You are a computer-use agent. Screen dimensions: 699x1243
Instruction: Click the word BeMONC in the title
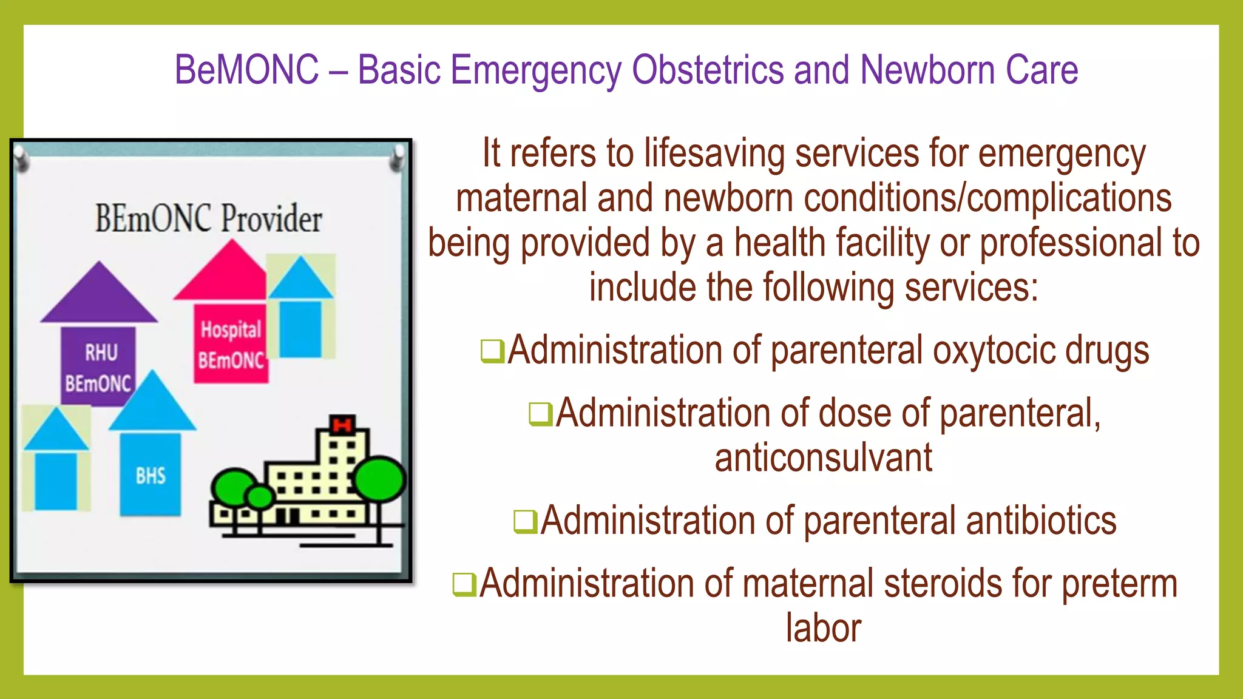point(246,70)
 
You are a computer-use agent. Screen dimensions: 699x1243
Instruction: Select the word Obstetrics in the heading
point(708,70)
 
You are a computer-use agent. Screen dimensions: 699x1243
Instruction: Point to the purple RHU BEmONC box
point(98,366)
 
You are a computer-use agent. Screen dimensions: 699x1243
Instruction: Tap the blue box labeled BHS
point(151,475)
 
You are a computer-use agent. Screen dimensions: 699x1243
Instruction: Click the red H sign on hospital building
point(342,425)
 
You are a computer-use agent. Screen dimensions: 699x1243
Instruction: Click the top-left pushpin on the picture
point(22,159)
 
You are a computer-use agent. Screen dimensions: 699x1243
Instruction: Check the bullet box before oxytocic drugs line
point(492,351)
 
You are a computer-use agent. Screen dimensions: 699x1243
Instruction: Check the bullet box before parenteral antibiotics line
point(525,522)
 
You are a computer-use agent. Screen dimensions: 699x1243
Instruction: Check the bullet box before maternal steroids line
point(464,584)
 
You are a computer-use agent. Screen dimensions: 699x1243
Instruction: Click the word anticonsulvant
point(823,458)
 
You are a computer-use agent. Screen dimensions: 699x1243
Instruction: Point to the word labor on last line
point(823,628)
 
